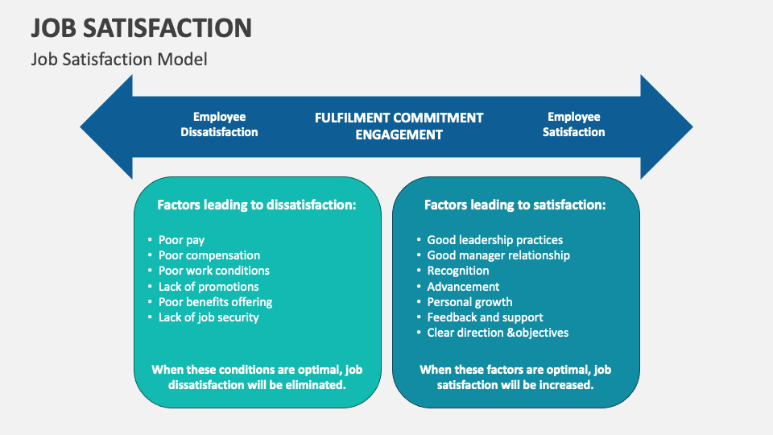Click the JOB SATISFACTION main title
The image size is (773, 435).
(142, 27)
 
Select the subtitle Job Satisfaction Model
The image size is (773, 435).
(119, 59)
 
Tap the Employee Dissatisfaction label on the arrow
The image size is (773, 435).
(219, 124)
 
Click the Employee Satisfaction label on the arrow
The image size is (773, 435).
(573, 124)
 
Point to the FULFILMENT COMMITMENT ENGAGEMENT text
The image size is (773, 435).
(399, 126)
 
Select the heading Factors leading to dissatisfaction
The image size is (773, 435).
(257, 205)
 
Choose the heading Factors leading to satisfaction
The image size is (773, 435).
(515, 205)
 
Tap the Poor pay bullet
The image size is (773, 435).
(181, 240)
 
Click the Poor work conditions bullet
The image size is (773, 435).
(213, 271)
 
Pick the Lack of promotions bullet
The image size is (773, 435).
(209, 287)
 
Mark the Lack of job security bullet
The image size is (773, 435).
(209, 317)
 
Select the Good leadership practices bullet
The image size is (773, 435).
(494, 240)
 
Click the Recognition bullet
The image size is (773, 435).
(457, 271)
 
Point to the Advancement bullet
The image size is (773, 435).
(463, 287)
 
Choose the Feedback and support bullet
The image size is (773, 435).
(485, 317)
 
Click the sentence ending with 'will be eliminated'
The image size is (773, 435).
(257, 377)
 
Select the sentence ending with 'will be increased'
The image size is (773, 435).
(515, 377)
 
